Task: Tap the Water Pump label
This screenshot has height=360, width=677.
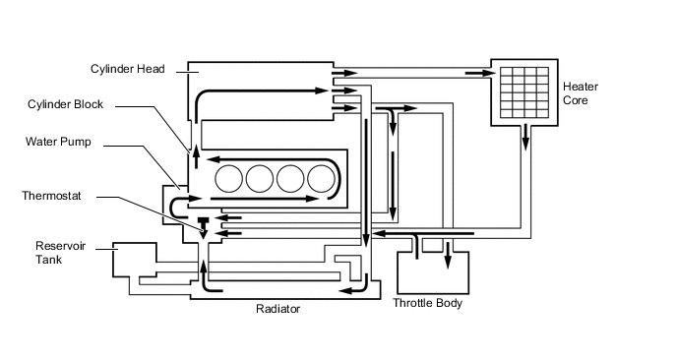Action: pyautogui.click(x=58, y=142)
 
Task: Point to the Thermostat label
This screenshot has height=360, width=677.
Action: pyautogui.click(x=51, y=196)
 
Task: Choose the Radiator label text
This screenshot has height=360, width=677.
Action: pyautogui.click(x=277, y=308)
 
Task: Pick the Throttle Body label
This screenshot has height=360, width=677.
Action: pyautogui.click(x=427, y=303)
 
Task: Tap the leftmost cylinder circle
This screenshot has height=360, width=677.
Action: pyautogui.click(x=229, y=178)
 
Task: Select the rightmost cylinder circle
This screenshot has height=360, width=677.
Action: pyautogui.click(x=322, y=178)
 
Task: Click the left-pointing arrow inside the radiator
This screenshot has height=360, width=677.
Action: pyautogui.click(x=349, y=290)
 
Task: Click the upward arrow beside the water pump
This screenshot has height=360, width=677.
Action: pyautogui.click(x=194, y=151)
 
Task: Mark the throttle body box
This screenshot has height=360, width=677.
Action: pyautogui.click(x=433, y=270)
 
